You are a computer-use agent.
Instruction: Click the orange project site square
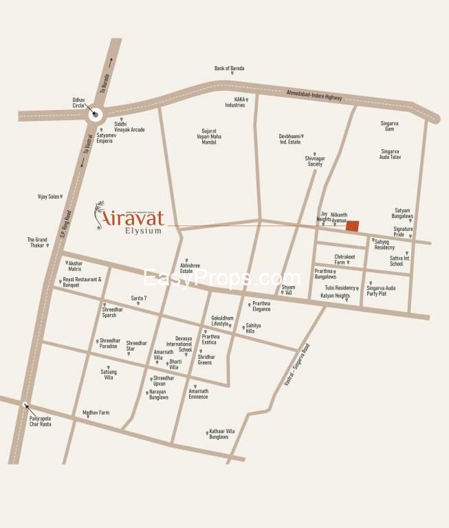tap(352, 226)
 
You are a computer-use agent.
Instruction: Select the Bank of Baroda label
tap(229, 69)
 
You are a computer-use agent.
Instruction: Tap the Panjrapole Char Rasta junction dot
tap(25, 405)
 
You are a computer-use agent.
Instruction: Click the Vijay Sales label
tap(50, 197)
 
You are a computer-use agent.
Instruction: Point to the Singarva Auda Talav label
tap(391, 154)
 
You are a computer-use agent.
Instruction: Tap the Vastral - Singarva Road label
tap(297, 364)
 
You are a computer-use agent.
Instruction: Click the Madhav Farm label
tap(96, 412)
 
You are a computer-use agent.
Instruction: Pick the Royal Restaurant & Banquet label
tap(82, 282)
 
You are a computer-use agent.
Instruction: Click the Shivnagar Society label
tap(314, 161)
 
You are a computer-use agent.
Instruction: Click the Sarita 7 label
tap(140, 297)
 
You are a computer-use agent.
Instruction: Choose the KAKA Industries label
tap(235, 102)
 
